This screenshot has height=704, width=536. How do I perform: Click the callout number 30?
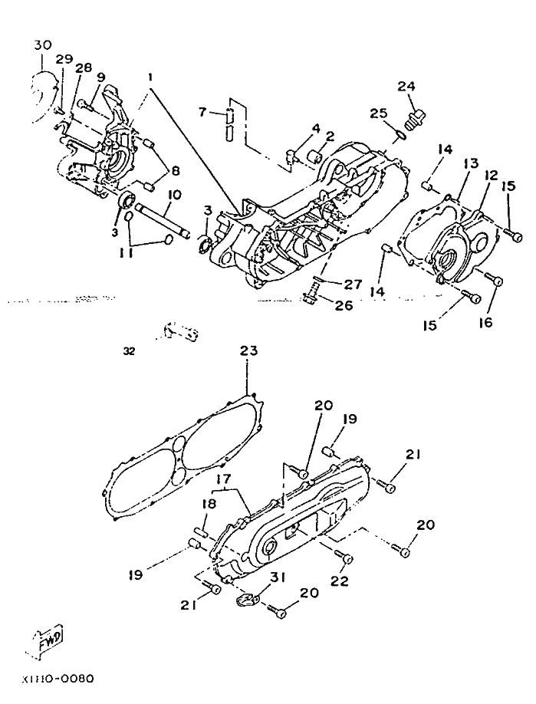coord(43,45)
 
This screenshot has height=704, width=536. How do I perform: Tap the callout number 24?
coord(406,86)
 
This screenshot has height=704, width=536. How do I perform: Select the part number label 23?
coord(248,350)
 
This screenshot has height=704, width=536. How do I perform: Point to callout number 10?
coord(174,196)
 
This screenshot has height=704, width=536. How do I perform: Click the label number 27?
coord(352,284)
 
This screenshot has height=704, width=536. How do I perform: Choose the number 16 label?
coord(486,324)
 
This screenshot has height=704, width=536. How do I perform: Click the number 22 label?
coord(340,581)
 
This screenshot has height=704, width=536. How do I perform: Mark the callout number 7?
coord(202,112)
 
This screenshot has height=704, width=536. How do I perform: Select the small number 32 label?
coord(128,352)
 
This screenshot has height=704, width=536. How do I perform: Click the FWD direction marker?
coord(49,638)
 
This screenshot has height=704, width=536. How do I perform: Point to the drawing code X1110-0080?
coord(58,679)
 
